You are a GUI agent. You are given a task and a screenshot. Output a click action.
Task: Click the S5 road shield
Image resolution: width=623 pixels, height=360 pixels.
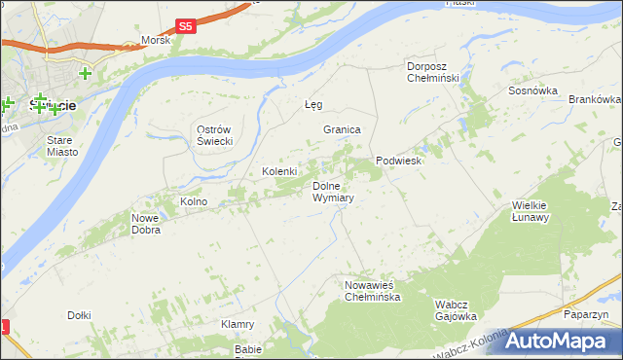pyautogui.click(x=187, y=26)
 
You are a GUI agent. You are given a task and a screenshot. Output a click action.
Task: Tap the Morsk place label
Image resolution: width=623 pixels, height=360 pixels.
pyautogui.click(x=156, y=40)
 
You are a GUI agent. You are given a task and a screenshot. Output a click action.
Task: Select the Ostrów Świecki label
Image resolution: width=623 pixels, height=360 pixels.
pyautogui.click(x=214, y=136)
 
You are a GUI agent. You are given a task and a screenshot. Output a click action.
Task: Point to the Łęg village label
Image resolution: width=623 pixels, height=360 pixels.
pyautogui.click(x=313, y=104)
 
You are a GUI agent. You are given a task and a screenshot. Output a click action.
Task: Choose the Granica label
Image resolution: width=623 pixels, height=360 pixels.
pyautogui.click(x=343, y=129)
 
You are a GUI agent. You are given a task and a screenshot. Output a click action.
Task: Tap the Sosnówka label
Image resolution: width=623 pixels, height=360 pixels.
pyautogui.click(x=532, y=90)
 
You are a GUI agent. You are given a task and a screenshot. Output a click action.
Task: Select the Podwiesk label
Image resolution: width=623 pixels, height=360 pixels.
pyautogui.click(x=398, y=161)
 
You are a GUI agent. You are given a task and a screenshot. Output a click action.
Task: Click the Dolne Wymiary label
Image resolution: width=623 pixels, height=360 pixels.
pyautogui.click(x=332, y=191)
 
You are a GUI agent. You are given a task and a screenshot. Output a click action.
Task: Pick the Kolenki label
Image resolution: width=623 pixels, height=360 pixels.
pyautogui.click(x=279, y=171)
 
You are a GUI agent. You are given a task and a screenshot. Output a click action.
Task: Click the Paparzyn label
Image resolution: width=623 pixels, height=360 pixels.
pyautogui.click(x=586, y=314)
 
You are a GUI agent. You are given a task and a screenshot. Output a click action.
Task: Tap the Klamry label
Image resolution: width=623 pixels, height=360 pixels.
pyautogui.click(x=238, y=324)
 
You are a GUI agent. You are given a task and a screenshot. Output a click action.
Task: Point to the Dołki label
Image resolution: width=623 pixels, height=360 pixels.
pyautogui.click(x=79, y=314)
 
